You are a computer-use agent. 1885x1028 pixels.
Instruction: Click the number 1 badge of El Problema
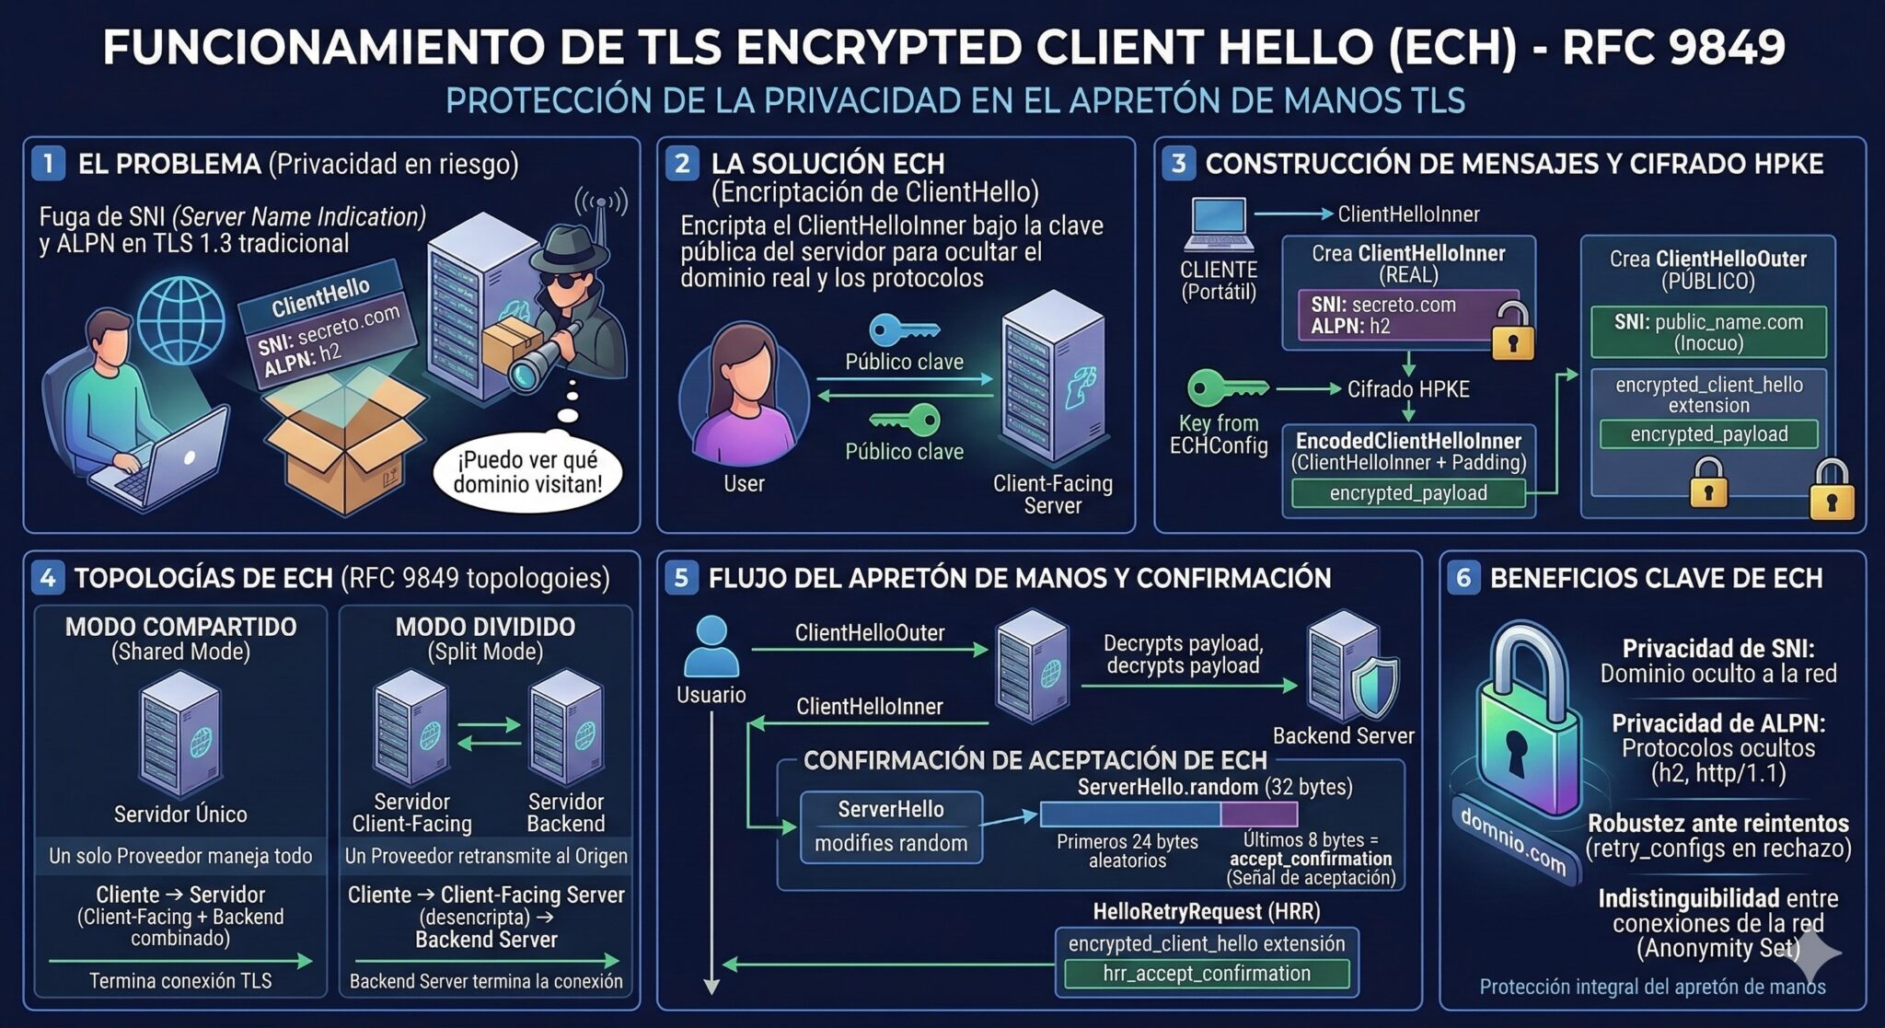click(x=48, y=164)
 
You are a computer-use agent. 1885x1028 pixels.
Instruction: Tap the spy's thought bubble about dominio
click(x=527, y=471)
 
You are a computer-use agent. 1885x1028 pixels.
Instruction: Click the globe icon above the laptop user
click(x=180, y=318)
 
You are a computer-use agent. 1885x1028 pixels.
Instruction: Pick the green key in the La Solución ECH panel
click(x=906, y=421)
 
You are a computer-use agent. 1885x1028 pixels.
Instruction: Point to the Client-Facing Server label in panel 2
click(x=1052, y=494)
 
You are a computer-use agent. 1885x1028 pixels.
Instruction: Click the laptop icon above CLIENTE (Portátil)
click(x=1218, y=225)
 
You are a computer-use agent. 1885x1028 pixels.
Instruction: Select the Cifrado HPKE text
click(x=1408, y=389)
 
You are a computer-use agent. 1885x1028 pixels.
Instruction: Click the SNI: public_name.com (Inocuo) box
click(x=1708, y=332)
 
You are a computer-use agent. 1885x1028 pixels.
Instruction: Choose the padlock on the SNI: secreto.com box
click(x=1511, y=332)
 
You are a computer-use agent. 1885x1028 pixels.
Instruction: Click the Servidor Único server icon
click(x=180, y=733)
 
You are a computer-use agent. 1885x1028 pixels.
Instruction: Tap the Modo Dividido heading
click(x=485, y=628)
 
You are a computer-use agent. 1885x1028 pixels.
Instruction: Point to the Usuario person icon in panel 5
click(x=711, y=647)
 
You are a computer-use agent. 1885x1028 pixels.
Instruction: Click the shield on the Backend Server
click(x=1373, y=686)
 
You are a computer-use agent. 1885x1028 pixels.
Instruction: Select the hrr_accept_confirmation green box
click(x=1207, y=974)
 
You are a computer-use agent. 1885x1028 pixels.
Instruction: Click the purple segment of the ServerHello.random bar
click(x=1259, y=814)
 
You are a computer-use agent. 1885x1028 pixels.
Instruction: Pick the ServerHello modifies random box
click(x=891, y=826)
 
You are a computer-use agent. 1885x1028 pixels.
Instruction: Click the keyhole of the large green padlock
click(x=1516, y=750)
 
